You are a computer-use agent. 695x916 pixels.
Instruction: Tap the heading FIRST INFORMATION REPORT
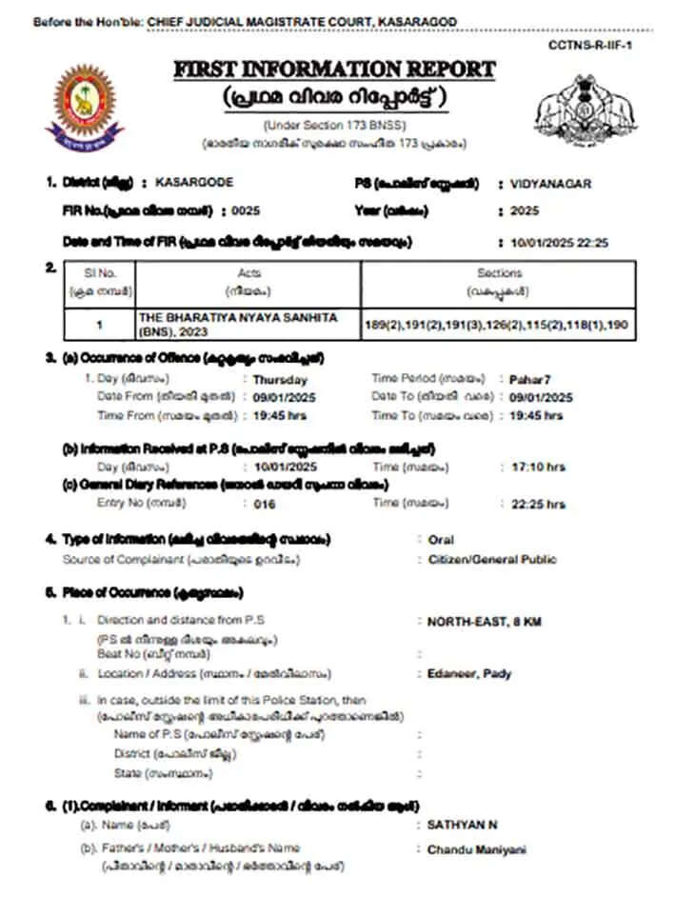pyautogui.click(x=334, y=70)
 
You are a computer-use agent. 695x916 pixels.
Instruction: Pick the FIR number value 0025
pyautogui.click(x=245, y=210)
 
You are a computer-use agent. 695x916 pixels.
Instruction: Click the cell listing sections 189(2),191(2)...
pyautogui.click(x=499, y=325)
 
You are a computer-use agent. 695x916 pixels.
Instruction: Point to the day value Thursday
pyautogui.click(x=274, y=380)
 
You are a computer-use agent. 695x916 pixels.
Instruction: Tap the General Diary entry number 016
pyautogui.click(x=265, y=505)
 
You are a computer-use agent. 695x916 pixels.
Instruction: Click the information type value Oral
pyautogui.click(x=441, y=540)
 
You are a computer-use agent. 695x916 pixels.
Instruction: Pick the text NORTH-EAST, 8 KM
pyautogui.click(x=484, y=621)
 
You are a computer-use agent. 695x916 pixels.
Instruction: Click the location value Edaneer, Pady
pyautogui.click(x=469, y=673)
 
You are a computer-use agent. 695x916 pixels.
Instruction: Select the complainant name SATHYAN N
pyautogui.click(x=462, y=825)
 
